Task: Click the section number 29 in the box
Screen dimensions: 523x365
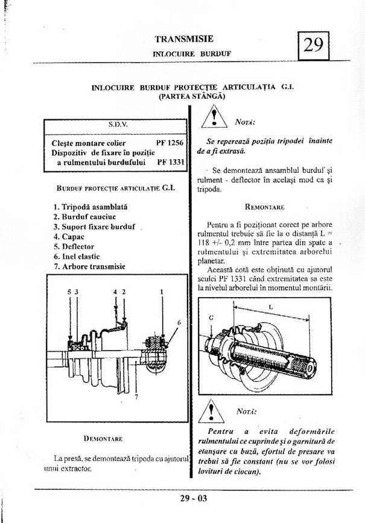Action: pyautogui.click(x=314, y=45)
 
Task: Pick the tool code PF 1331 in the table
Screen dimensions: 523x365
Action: pyautogui.click(x=171, y=162)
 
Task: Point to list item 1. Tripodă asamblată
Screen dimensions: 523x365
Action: pyautogui.click(x=90, y=207)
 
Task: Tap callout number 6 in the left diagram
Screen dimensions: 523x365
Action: pyautogui.click(x=180, y=323)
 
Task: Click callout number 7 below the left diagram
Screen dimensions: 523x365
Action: pyautogui.click(x=136, y=397)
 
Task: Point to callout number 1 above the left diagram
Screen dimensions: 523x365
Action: pyautogui.click(x=162, y=292)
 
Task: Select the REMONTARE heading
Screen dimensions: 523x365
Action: pyautogui.click(x=265, y=207)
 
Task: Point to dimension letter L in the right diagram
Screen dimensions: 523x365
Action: pyautogui.click(x=270, y=307)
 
